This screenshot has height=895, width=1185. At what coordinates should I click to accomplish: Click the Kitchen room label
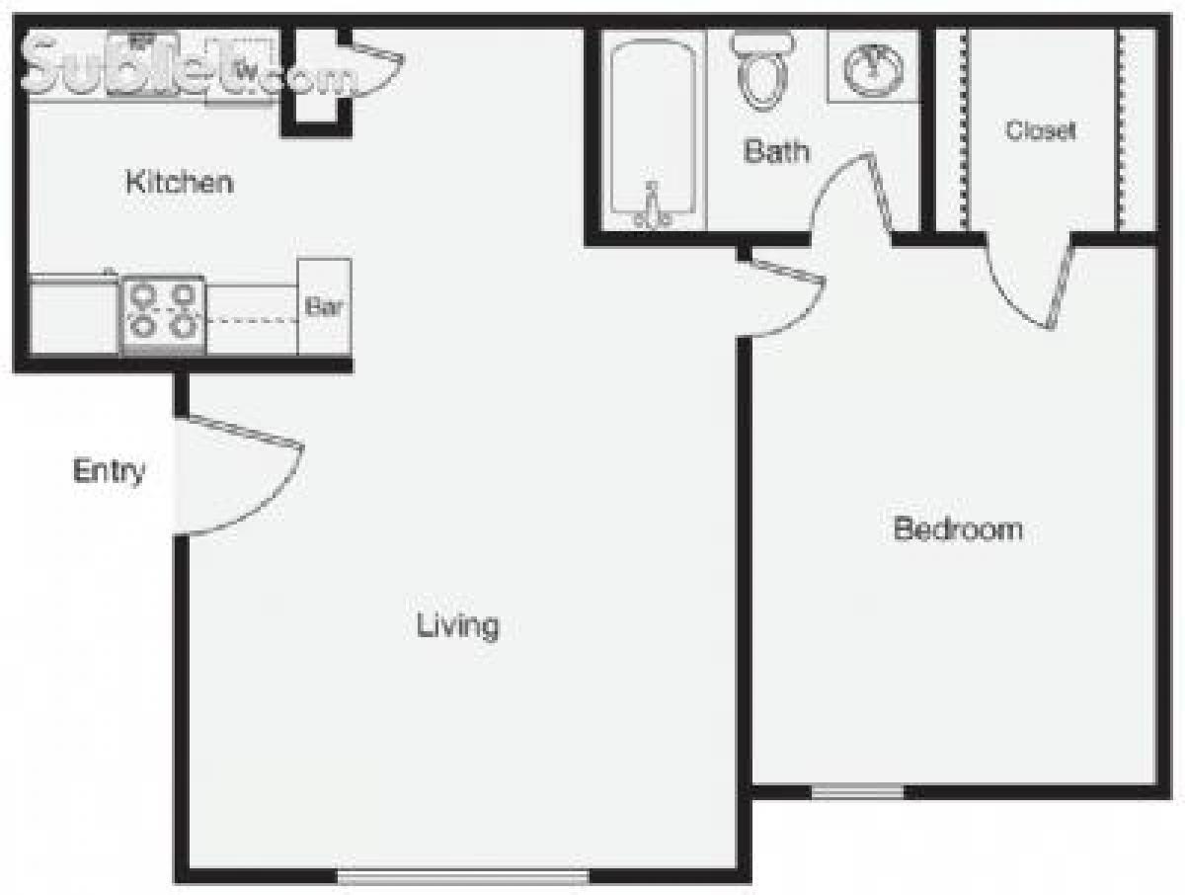[x=180, y=183]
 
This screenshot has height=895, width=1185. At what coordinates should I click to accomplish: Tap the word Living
[x=457, y=625]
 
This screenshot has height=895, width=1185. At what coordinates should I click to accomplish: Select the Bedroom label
[x=957, y=529]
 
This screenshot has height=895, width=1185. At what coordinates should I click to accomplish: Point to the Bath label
[x=776, y=151]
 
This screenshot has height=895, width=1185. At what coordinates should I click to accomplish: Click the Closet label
[x=1040, y=130]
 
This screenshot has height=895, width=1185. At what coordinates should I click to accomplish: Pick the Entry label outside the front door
[x=109, y=472]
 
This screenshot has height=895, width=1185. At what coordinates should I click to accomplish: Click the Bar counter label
[x=324, y=307]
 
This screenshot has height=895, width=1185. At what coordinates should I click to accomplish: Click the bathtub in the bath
[x=651, y=128]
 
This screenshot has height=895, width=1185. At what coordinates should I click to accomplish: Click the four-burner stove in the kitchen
[x=162, y=311]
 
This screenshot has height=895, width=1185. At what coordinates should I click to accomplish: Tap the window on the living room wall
[x=462, y=875]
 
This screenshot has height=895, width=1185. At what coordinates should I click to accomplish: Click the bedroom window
[x=857, y=790]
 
